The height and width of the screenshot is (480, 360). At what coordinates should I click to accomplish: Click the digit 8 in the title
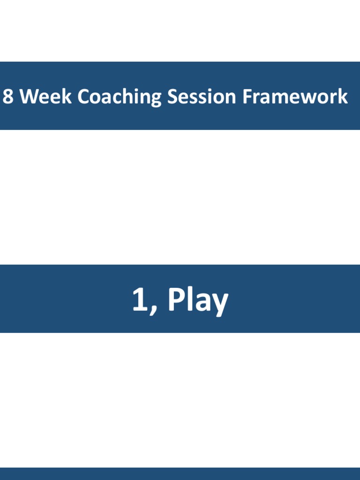coord(7,96)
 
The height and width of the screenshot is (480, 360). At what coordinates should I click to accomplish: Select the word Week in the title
coord(45,96)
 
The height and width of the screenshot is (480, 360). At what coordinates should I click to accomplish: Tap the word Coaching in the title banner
coord(120,97)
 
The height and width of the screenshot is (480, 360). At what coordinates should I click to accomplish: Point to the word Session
coord(202,96)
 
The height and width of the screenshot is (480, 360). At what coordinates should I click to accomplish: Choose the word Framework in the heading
coord(295,96)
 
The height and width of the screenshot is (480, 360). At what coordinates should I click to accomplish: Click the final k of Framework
coord(342,96)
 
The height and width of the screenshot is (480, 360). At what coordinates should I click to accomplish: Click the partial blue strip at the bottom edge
coord(180,473)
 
